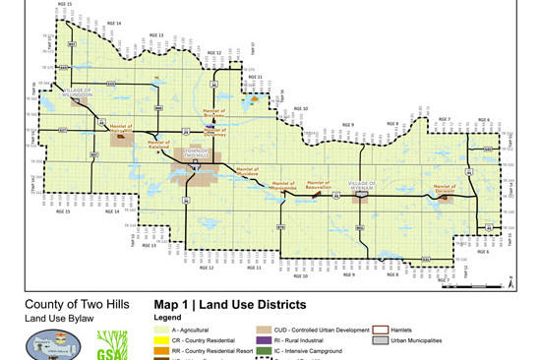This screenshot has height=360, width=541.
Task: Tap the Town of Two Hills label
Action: [195, 153]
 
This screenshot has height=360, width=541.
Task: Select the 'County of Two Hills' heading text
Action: [68, 304]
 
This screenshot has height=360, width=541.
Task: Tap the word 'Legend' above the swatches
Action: [168, 319]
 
